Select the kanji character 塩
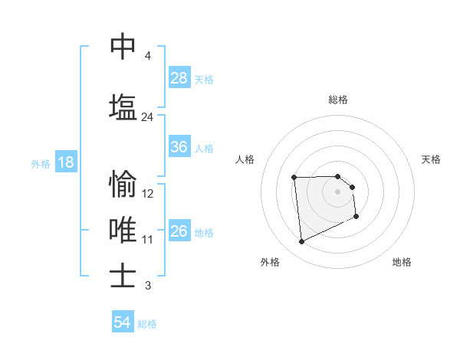click(x=123, y=106)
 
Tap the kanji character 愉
click(x=123, y=184)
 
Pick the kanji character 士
click(x=123, y=275)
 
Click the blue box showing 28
click(x=179, y=78)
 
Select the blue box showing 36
click(x=179, y=147)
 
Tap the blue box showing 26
click(x=179, y=231)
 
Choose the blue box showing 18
click(x=65, y=163)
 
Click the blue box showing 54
click(x=123, y=322)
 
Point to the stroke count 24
click(x=147, y=117)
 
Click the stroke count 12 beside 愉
click(x=148, y=194)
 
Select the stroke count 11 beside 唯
click(x=148, y=240)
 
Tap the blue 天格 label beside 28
click(x=204, y=79)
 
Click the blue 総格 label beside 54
click(x=147, y=323)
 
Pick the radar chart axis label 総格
click(x=338, y=100)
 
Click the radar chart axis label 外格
click(x=270, y=262)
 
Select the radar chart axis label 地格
click(x=402, y=262)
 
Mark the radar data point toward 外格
click(x=301, y=242)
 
